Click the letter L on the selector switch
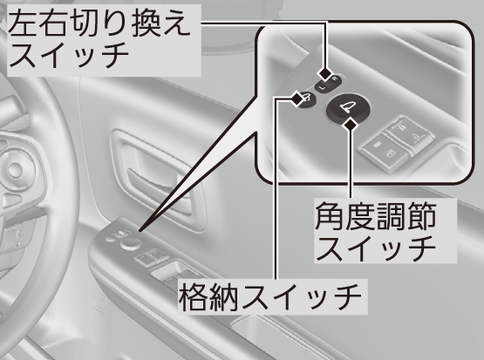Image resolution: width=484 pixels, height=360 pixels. (321, 89)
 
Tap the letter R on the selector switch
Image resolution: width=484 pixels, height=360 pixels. (334, 79)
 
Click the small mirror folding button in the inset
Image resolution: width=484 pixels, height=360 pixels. (305, 100)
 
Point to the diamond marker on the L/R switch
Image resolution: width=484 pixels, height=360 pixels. (325, 74)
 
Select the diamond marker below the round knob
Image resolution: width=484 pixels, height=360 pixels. (350, 125)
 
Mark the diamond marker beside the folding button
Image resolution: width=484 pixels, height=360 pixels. (297, 98)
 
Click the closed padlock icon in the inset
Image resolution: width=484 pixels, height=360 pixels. (403, 127)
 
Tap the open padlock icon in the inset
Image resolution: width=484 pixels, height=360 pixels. (415, 136)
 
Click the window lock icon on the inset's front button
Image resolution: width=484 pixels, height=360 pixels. (390, 153)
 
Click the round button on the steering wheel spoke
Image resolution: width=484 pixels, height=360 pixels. (15, 169)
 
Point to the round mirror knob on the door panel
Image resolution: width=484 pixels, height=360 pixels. (130, 244)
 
